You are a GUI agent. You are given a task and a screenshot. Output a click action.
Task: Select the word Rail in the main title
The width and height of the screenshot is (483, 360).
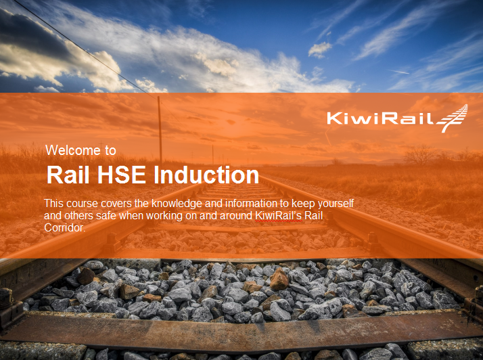pyautogui.click(x=65, y=175)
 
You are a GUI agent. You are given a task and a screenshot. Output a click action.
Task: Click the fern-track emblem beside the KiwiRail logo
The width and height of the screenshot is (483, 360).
pyautogui.click(x=453, y=118)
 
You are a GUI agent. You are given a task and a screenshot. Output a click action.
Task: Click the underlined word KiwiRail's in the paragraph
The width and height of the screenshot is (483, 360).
pyautogui.click(x=278, y=216)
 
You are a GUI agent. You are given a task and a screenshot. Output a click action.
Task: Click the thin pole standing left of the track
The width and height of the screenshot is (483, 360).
pyautogui.click(x=160, y=129)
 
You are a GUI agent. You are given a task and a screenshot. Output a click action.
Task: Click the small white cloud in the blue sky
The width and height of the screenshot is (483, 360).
pyautogui.click(x=320, y=49)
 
